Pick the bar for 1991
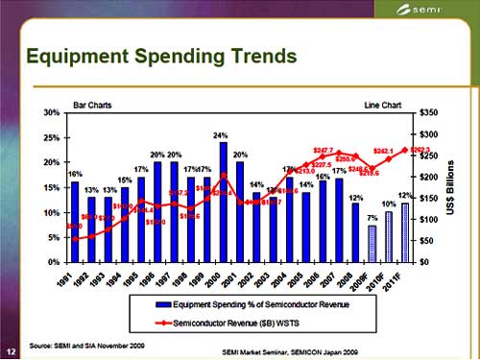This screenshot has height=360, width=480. pyautogui.click(x=74, y=222)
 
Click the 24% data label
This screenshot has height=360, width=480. pyautogui.click(x=221, y=135)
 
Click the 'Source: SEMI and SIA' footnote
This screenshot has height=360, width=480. pyautogui.click(x=85, y=342)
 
